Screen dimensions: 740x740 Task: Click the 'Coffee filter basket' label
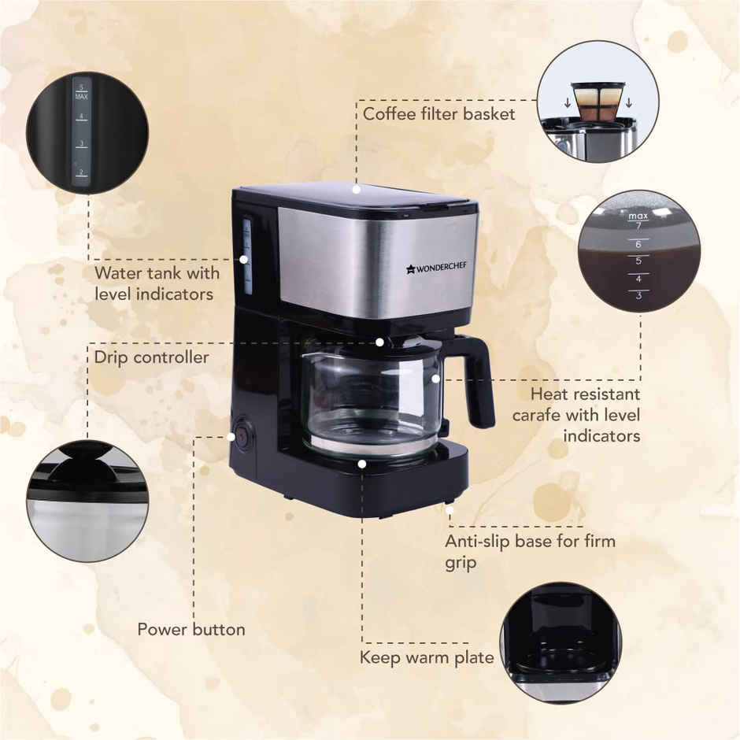[x=438, y=114]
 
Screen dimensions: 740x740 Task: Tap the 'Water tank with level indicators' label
[x=156, y=283]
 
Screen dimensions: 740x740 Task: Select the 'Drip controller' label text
[x=151, y=357]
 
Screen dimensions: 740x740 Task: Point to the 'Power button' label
[x=191, y=630]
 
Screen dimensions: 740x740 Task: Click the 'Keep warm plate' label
[x=427, y=657]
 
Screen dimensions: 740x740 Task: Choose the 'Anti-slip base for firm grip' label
[x=529, y=552]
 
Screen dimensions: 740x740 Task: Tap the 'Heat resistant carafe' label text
[x=576, y=414]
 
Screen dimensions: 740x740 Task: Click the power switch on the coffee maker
[x=242, y=435]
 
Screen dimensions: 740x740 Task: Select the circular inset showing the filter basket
[x=598, y=102]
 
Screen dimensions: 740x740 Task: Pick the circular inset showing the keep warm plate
[x=561, y=642]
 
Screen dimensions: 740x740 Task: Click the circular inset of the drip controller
[x=87, y=501]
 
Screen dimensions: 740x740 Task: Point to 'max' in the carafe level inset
[x=638, y=214]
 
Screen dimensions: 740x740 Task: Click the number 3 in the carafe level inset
[x=638, y=295]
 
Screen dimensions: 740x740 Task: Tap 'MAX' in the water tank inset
[x=81, y=95]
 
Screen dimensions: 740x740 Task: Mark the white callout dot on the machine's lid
[x=357, y=189]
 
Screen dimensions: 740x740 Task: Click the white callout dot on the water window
[x=245, y=258]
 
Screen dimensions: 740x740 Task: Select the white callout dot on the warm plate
[x=361, y=464]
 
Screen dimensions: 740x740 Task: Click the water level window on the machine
[x=247, y=256]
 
